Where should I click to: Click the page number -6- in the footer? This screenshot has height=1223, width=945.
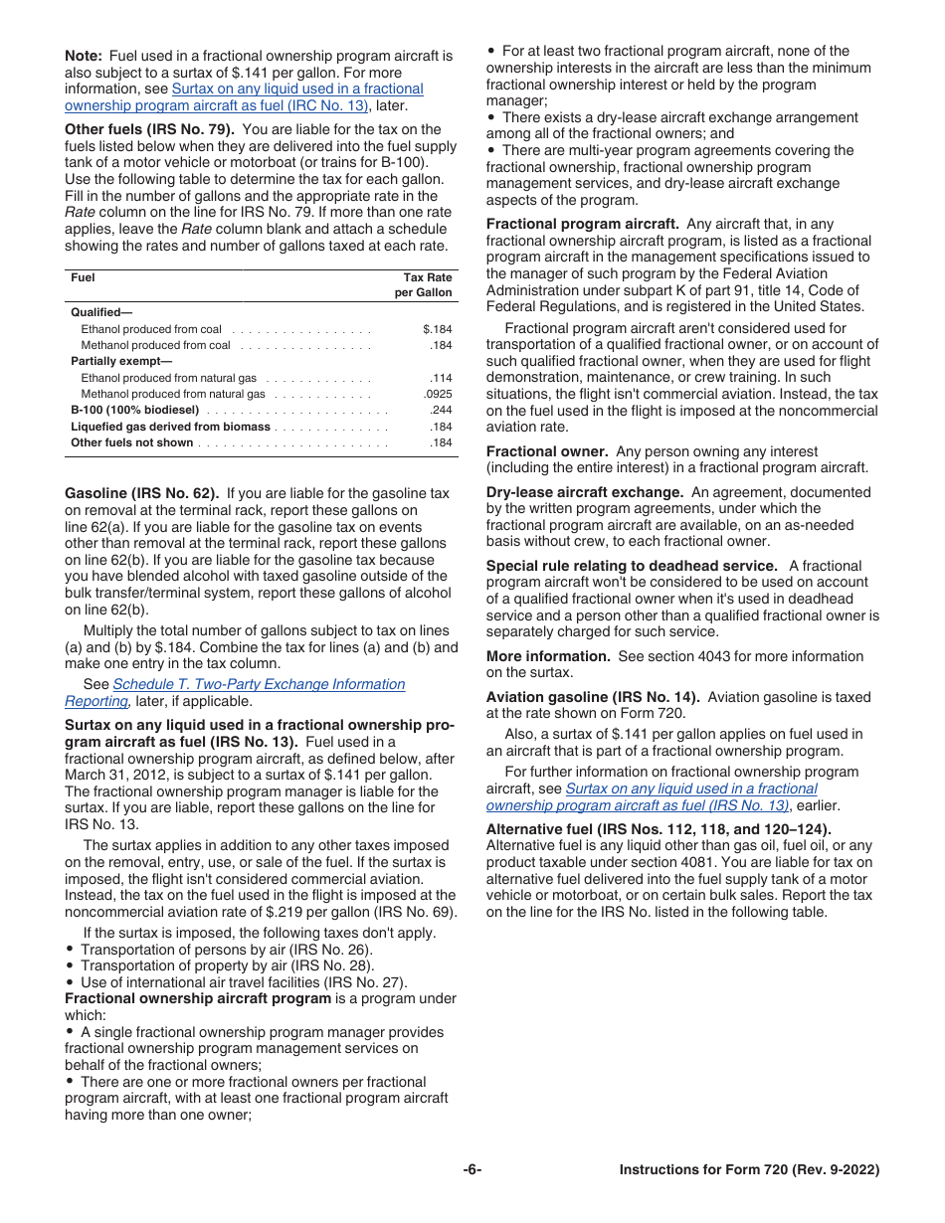point(472,1170)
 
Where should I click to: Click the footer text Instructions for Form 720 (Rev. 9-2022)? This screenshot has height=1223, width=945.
point(749,1170)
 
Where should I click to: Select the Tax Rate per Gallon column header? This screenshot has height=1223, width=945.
point(427,285)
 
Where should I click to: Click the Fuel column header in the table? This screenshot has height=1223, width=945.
point(83,278)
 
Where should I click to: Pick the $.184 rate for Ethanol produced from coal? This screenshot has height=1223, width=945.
point(438,329)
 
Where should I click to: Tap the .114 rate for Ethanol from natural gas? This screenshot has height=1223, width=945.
point(441,378)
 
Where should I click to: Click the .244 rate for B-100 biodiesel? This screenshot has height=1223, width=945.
point(441,410)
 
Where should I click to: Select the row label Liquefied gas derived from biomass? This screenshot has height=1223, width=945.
point(170,427)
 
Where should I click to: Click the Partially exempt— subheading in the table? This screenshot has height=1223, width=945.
point(121,362)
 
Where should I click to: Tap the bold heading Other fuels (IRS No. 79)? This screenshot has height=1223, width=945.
point(149,129)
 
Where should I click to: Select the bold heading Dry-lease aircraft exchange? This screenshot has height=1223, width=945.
point(584,492)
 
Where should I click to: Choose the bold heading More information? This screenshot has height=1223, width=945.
point(548,656)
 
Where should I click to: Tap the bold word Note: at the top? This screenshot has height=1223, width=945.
point(83,56)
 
